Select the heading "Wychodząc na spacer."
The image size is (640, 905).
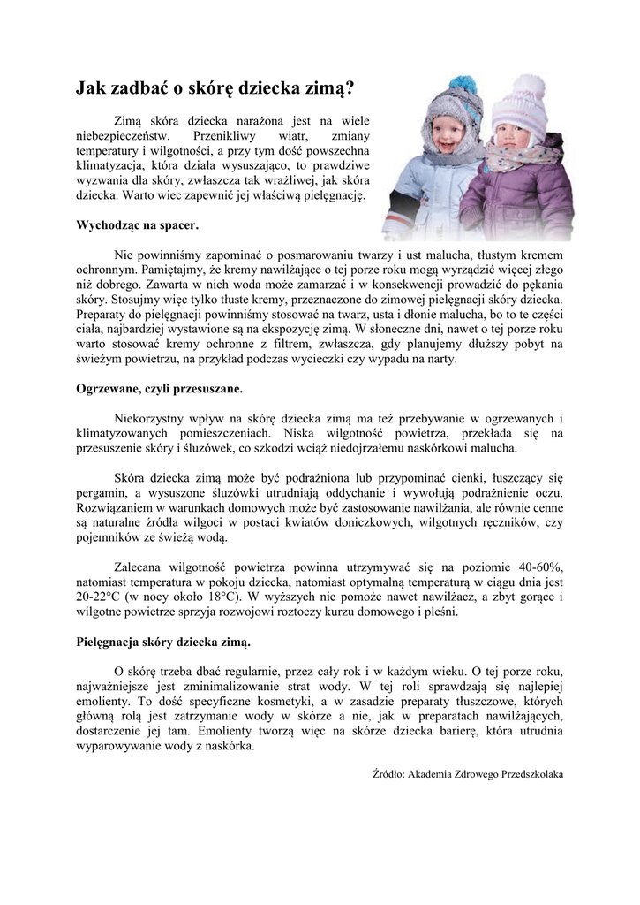[137, 224]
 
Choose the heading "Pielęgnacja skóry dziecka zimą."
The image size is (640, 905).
[162, 640]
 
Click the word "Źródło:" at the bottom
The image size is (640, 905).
[389, 773]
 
